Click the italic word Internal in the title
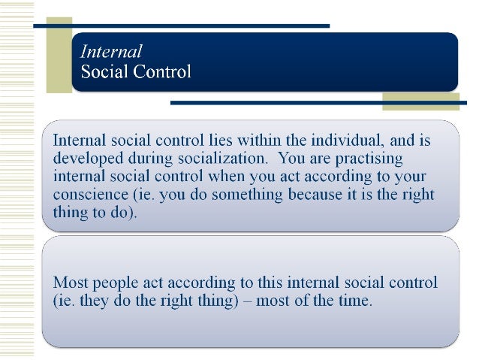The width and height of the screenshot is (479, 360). [x=111, y=53]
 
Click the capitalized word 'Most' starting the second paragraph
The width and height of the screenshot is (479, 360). [x=68, y=284]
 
